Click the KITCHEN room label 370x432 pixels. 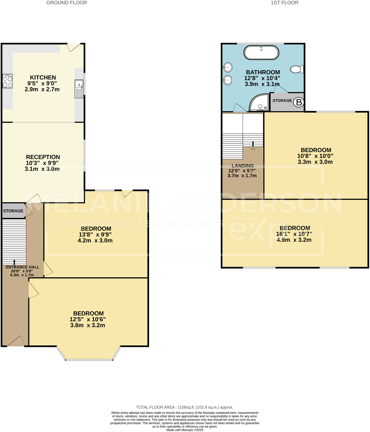(x=43, y=78)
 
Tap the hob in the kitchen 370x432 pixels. (x=7, y=81)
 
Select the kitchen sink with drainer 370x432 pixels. (x=79, y=89)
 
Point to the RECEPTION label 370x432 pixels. (x=43, y=157)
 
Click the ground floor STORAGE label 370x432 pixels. (x=13, y=211)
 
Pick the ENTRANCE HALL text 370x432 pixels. (x=22, y=267)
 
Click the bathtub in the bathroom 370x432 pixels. (x=261, y=53)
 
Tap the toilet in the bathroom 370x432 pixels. (x=297, y=69)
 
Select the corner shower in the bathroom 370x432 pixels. (x=259, y=103)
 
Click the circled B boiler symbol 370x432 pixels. (x=299, y=102)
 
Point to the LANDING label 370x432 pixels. (x=243, y=166)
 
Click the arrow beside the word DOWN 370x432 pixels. (x=253, y=144)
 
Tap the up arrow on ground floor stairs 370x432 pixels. (x=14, y=262)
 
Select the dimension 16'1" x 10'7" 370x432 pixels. (x=294, y=234)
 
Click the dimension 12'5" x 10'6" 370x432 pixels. (x=88, y=319)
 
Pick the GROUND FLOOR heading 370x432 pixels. (x=67, y=3)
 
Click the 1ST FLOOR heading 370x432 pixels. (x=284, y=3)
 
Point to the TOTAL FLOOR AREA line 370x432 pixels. (x=185, y=407)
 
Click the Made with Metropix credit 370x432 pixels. (x=185, y=430)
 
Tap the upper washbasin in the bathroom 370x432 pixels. (x=228, y=67)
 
